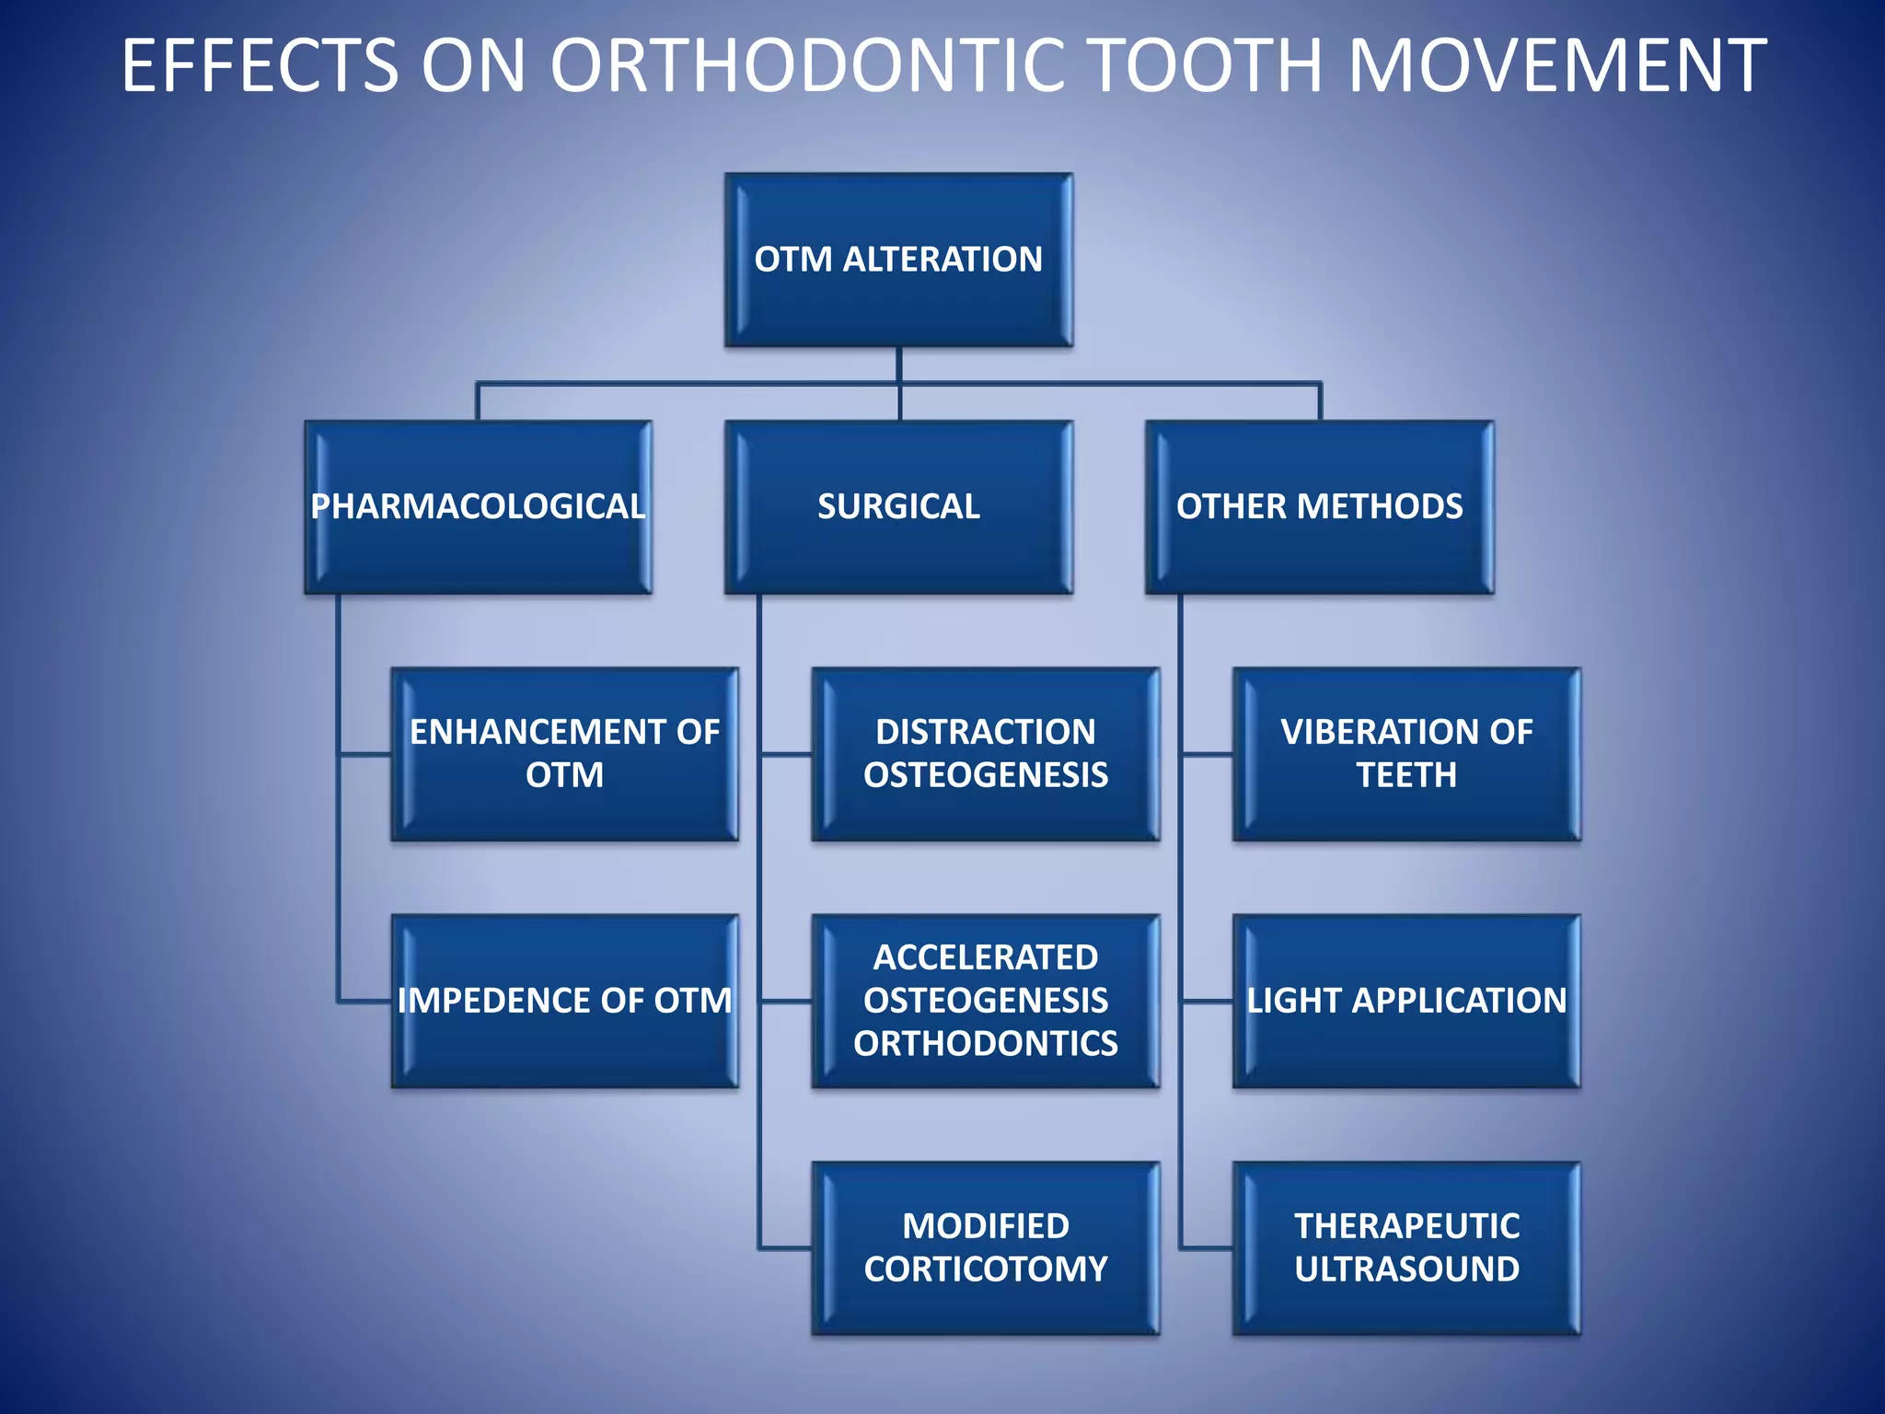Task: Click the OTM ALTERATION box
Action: tap(898, 260)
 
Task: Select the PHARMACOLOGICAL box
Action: tap(478, 506)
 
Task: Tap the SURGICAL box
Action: tap(898, 506)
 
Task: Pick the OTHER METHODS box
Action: tap(1319, 506)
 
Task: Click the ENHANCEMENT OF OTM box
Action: tap(564, 753)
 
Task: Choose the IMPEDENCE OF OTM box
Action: tap(564, 1001)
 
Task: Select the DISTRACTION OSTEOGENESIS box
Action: tap(985, 753)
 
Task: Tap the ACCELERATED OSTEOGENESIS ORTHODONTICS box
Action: tap(985, 1001)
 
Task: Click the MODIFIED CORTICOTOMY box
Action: tap(985, 1247)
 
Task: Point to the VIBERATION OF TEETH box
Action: tap(1406, 753)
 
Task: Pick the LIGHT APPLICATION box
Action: tap(1406, 1001)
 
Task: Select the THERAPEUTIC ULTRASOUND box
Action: tap(1406, 1247)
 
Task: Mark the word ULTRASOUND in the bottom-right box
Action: tap(1406, 1269)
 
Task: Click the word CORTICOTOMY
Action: tap(985, 1269)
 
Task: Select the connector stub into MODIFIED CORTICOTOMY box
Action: tap(784, 1248)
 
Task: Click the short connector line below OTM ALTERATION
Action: tap(898, 365)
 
